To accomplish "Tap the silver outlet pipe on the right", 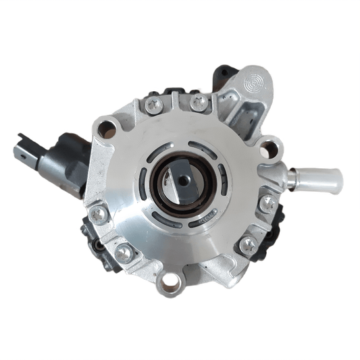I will pyautogui.click(x=317, y=179).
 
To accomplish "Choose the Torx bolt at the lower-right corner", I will pyautogui.click(x=248, y=244).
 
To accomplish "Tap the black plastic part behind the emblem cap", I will pyautogui.click(x=224, y=74).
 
